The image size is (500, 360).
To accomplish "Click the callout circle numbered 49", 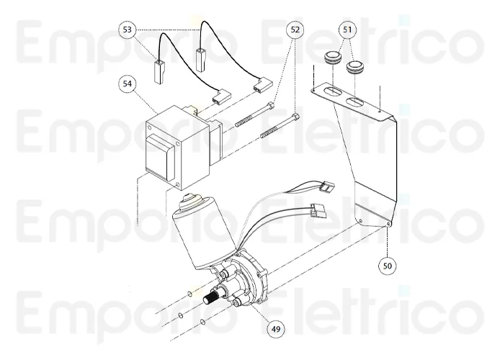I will (275, 329).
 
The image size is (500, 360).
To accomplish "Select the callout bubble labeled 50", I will (388, 265).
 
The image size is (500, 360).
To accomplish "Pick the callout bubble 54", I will (127, 84).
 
